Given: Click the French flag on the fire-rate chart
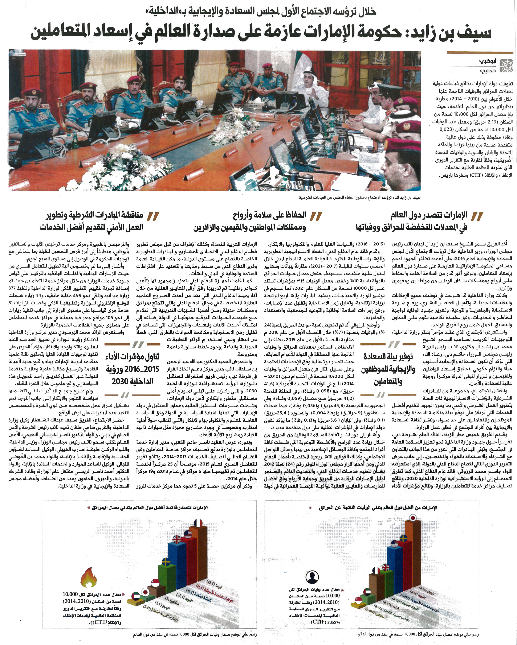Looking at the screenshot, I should (198, 523).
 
